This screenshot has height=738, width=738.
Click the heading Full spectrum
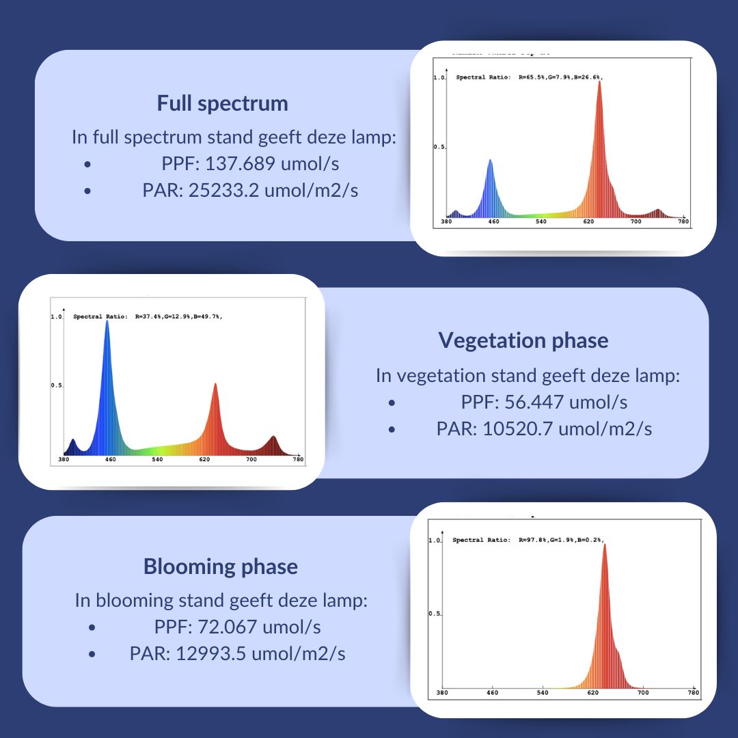[x=222, y=103]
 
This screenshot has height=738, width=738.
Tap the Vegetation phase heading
[x=523, y=340]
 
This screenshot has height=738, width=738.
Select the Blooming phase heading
[x=220, y=566]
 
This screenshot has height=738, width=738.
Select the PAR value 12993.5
[x=211, y=653]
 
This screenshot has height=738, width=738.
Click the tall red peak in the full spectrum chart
[x=599, y=85]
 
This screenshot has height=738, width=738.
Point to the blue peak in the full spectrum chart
[x=490, y=164]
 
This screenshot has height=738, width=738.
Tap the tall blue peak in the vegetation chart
[x=107, y=324]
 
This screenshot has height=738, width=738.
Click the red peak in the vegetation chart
[x=215, y=387]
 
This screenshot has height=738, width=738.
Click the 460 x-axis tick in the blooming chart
[x=492, y=693]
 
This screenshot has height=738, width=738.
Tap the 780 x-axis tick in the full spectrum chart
[x=683, y=222]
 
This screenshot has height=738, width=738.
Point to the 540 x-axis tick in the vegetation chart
[x=157, y=461]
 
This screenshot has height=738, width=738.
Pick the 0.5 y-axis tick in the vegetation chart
[x=57, y=386]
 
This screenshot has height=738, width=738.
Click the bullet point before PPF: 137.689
[x=87, y=165]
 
